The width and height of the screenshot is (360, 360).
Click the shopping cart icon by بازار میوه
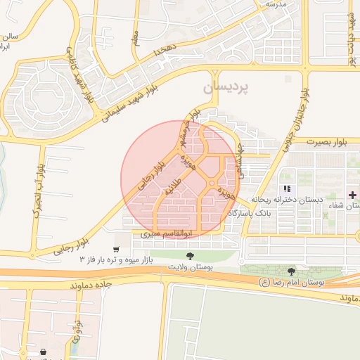[115, 249]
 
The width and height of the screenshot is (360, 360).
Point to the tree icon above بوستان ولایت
[189, 256]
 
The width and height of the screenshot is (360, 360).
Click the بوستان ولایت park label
[189, 267]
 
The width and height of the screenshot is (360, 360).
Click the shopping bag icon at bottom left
[43, 351]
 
